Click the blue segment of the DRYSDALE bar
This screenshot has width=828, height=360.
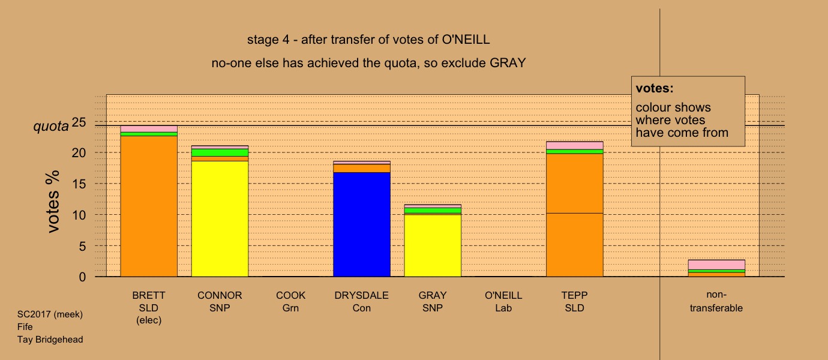point(362,224)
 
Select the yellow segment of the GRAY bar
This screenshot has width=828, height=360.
point(433,245)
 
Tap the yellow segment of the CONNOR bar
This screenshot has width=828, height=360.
point(220,219)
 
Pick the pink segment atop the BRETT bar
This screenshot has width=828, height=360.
point(149,129)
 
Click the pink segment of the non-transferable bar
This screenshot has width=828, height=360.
point(716,265)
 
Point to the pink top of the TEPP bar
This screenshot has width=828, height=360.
point(574,146)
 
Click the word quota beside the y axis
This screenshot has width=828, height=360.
point(51,127)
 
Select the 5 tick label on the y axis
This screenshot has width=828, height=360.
point(82,246)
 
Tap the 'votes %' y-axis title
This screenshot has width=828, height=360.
point(53,202)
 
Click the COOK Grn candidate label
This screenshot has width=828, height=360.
point(290,302)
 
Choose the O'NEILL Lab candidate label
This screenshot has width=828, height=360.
point(503,302)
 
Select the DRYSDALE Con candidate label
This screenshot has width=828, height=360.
point(362,302)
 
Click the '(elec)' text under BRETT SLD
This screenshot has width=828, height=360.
point(149,320)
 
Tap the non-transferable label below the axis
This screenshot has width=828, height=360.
point(716,301)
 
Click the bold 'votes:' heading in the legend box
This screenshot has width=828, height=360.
point(655,88)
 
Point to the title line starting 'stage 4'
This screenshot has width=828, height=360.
point(368,40)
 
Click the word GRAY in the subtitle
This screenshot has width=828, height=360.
point(508,63)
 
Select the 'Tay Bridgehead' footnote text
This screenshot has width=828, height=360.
point(50,340)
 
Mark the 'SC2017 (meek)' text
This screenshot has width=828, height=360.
point(50,314)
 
